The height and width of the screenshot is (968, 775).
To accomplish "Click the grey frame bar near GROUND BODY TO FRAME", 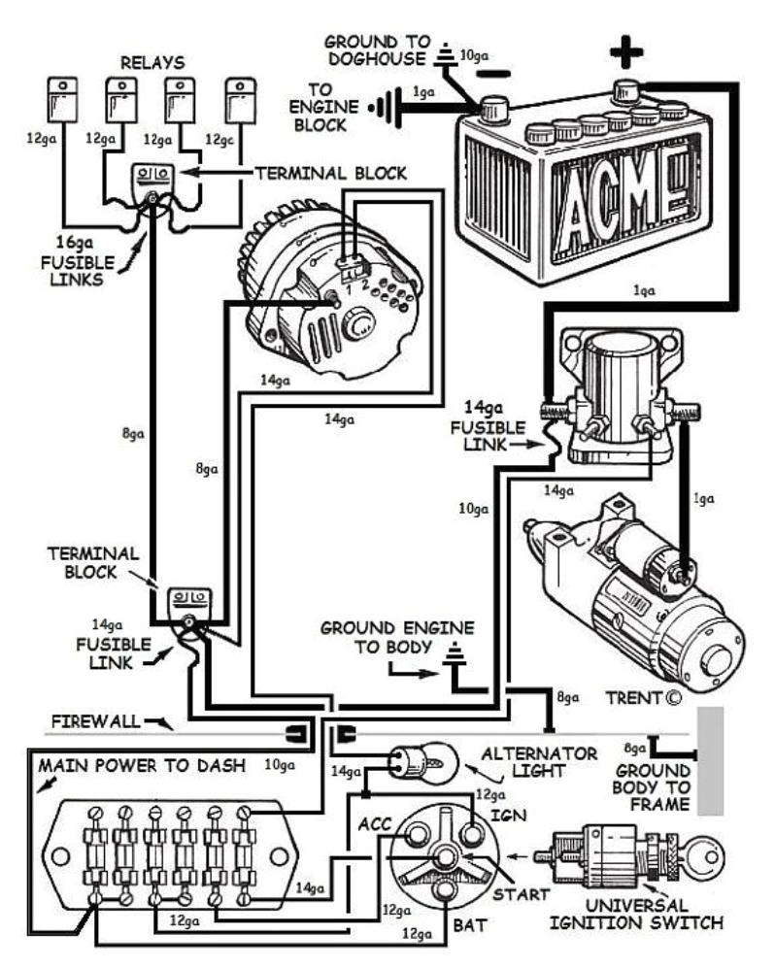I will click(x=712, y=759).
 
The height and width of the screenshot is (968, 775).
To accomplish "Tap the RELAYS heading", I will click(x=151, y=62).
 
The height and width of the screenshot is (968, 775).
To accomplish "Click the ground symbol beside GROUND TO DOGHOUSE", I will click(x=446, y=57).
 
